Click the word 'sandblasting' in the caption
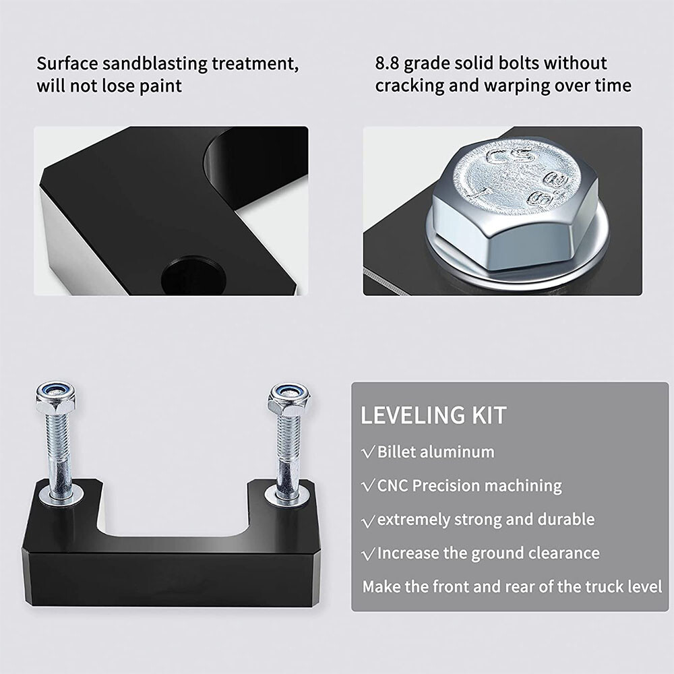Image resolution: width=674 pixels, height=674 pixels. coord(154,64)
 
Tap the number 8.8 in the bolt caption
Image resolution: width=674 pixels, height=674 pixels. coord(388,63)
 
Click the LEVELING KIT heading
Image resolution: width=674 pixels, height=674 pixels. coord(433,415)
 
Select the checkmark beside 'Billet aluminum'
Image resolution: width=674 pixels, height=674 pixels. coord(369,453)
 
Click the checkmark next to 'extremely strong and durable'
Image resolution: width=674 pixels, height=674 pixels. coord(369,521)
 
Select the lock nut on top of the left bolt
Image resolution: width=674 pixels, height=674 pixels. coord(57,396)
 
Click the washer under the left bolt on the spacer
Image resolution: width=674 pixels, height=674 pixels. coord(61,494)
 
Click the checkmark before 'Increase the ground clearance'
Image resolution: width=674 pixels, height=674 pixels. coord(369,554)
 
